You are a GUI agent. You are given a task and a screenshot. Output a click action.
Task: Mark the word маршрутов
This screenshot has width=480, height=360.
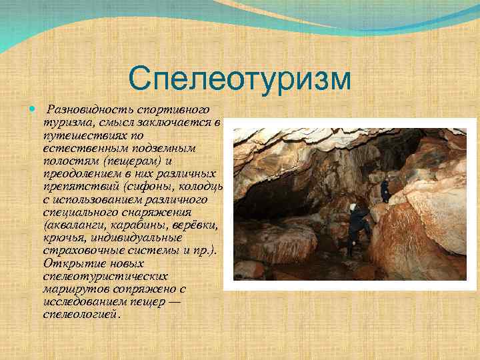coord(71,288)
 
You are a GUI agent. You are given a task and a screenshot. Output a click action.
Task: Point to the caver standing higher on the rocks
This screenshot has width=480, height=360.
coord(385,191)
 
